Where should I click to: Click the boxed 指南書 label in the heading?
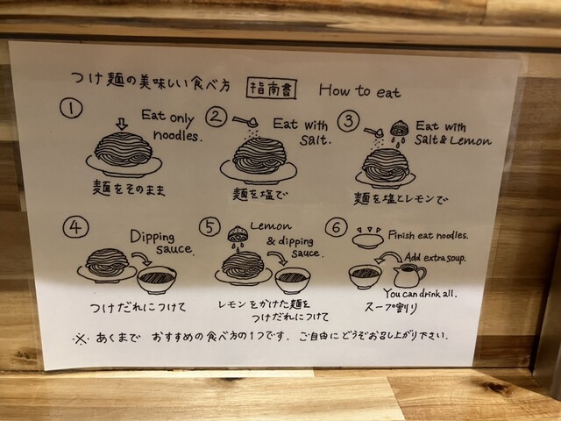coord(272,89)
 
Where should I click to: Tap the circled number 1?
coord(71,108)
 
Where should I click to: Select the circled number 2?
coord(217,117)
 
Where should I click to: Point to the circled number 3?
coord(349,121)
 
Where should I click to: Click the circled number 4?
coord(75,227)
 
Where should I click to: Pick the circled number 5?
coord(209,226)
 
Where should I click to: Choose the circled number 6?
coord(337,226)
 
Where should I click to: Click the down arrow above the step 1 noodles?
coord(122,124)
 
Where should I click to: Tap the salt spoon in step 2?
coord(246,121)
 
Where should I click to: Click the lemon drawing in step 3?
coord(397,128)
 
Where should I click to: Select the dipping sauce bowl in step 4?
coord(157,279)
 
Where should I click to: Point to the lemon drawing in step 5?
coord(236,233)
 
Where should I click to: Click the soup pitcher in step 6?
coord(409,275)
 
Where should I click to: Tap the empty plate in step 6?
coord(368,240)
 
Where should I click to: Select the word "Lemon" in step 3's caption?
coord(471,140)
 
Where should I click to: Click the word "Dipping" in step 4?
coord(152,237)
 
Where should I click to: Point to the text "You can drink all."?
coord(421,294)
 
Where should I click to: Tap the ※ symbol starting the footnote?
coord(81,339)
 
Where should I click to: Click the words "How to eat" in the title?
coord(359,91)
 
